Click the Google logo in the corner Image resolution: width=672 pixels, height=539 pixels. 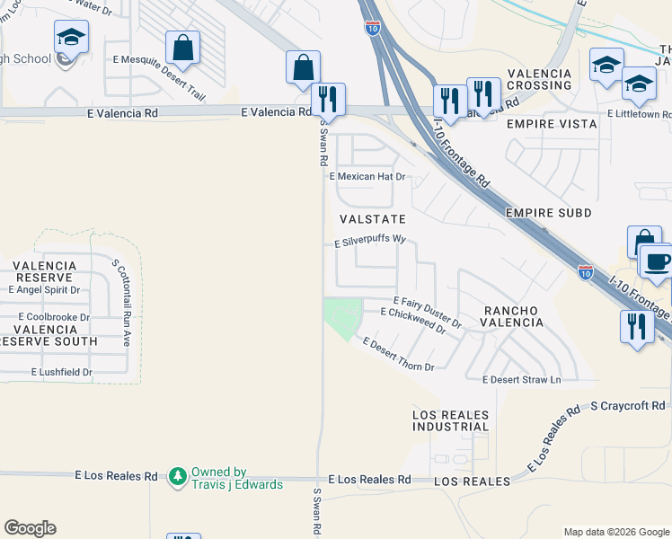pos(31,528)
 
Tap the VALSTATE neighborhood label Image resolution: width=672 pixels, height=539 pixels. pos(373,219)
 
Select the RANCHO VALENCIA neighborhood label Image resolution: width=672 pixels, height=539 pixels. pos(514,316)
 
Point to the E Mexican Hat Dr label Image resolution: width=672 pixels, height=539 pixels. pos(368,177)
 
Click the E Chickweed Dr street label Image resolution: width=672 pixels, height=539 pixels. pos(413,320)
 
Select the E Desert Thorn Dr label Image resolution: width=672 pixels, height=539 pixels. pos(398,355)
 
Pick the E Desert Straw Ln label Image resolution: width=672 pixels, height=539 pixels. pos(522,380)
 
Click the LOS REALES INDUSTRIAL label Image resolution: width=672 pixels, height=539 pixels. pos(451,420)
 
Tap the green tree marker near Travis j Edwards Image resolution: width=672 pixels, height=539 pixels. pos(178,474)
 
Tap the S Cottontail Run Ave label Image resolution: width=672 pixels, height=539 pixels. pos(121,303)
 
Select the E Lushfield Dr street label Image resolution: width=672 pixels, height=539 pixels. pos(62,372)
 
